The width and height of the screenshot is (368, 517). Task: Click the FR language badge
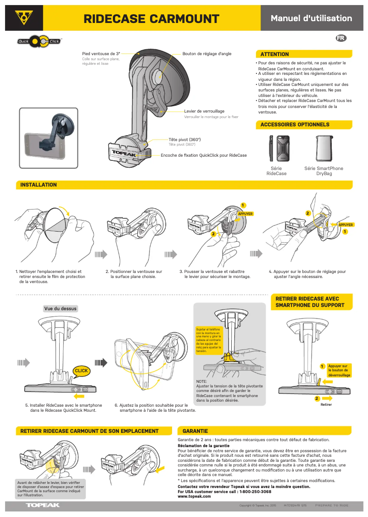point(341,38)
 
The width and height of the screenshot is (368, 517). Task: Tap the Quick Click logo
point(39,42)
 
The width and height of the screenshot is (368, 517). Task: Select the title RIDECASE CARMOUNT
point(151,19)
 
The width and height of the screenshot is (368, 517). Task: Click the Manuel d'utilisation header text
point(311,18)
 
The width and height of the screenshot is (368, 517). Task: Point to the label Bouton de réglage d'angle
point(207,54)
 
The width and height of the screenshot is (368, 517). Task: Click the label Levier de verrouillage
point(204,111)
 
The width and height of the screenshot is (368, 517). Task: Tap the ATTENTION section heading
point(275,54)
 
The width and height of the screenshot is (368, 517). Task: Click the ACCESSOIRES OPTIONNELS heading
point(295,125)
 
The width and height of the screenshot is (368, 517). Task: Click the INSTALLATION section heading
point(39,185)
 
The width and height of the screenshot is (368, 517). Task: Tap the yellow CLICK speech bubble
point(81,371)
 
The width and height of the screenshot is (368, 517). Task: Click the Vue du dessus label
point(61,308)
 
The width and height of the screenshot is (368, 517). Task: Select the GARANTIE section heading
point(195,431)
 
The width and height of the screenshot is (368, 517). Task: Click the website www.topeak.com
point(194,496)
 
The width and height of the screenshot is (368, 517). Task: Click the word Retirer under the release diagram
point(326,404)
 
